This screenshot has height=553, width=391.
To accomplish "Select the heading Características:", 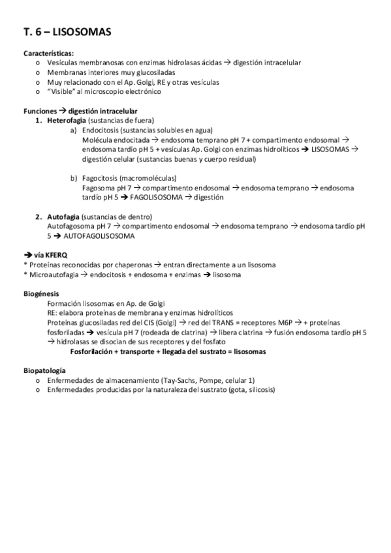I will coord(48,53).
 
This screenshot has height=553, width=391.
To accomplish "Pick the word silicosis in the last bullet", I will coord(259,390).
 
